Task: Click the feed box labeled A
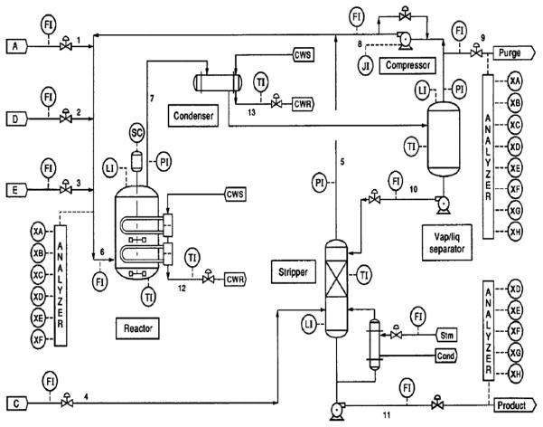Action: [15, 44]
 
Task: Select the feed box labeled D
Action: [15, 119]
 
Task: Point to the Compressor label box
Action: [406, 65]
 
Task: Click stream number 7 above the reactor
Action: [152, 97]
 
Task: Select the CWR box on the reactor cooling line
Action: [236, 279]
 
